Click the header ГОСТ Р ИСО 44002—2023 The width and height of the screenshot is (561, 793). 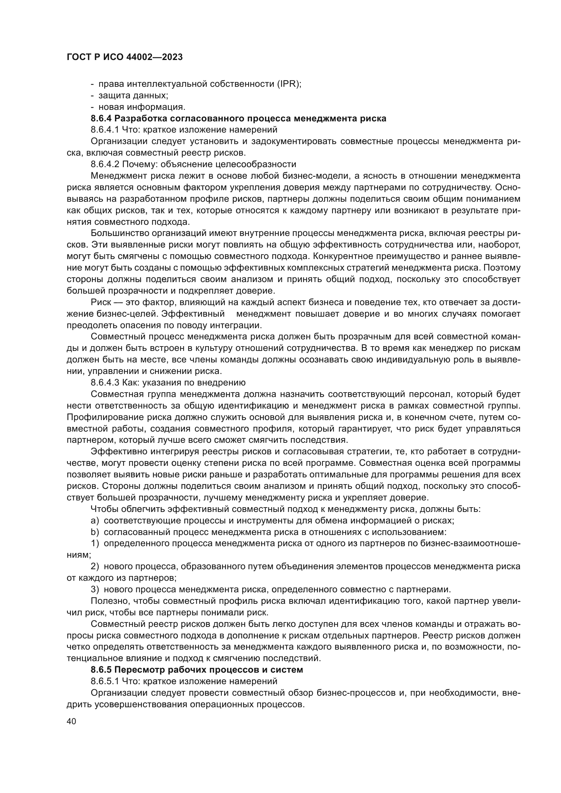(124, 57)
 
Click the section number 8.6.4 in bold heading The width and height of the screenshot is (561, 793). (101, 118)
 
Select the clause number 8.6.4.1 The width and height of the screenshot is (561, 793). (105, 130)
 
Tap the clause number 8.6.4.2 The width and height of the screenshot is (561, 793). (105, 164)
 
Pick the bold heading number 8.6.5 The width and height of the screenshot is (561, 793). (101, 670)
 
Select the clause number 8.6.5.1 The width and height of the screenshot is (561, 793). (105, 681)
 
